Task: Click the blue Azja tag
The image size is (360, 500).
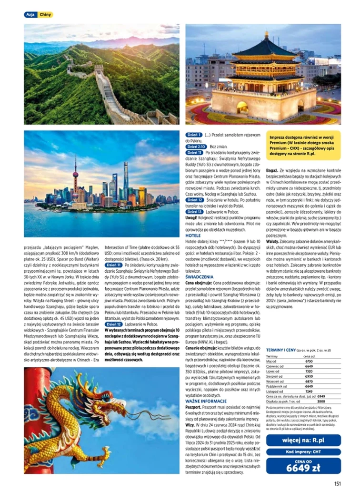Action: click(30, 15)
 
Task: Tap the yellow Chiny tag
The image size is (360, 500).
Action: click(45, 15)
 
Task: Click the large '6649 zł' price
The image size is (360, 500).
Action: click(303, 468)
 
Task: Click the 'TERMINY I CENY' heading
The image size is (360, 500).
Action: click(284, 349)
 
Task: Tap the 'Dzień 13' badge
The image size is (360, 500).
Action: click(194, 211)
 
